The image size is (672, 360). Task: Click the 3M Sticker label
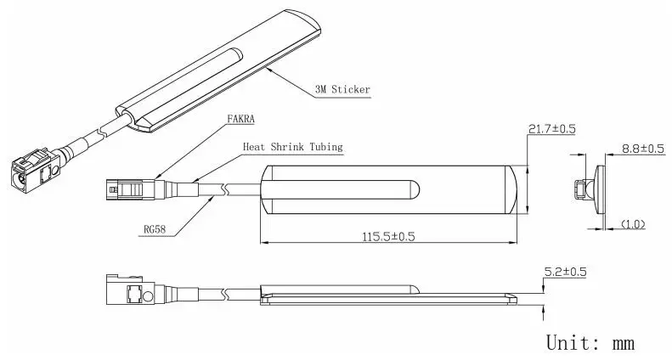point(342,89)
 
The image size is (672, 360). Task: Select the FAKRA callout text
point(240,119)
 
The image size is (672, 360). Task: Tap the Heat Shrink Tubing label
point(293,147)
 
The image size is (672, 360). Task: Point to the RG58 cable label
point(155,229)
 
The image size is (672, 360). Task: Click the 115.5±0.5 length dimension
point(389,237)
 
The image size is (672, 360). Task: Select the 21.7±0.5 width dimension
point(551,128)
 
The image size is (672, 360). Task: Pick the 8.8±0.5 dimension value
point(643,149)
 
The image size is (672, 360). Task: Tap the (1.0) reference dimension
point(633,223)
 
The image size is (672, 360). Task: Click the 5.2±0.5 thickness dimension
point(565,272)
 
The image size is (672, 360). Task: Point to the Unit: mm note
point(590,343)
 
